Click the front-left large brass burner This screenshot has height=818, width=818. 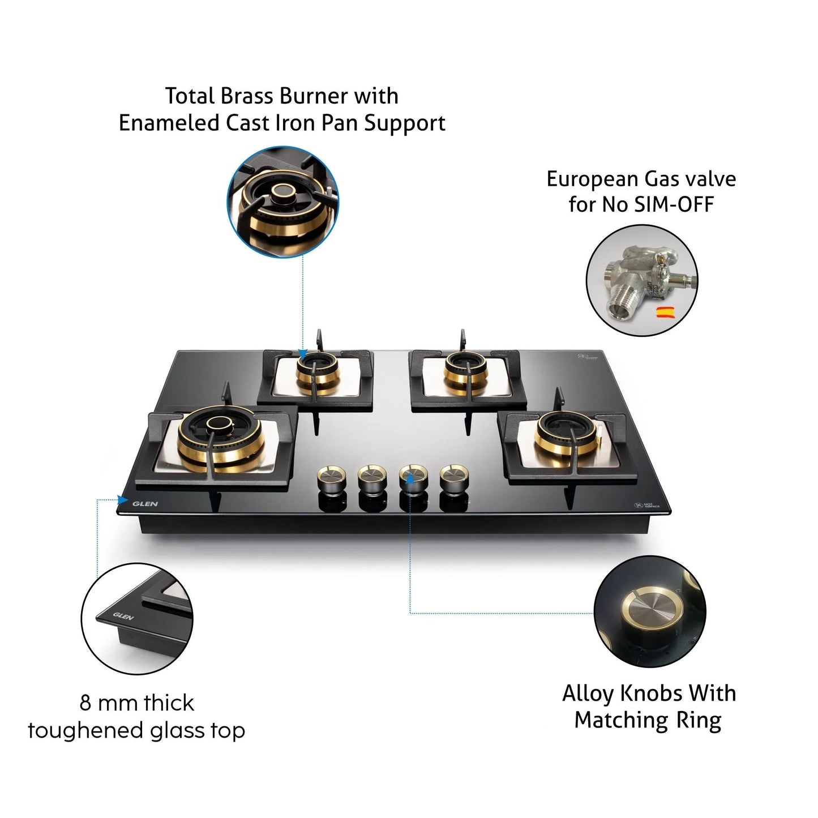click(221, 439)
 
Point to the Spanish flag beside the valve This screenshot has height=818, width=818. click(664, 312)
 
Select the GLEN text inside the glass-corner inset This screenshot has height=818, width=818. click(123, 616)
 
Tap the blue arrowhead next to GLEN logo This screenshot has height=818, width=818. click(122, 499)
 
